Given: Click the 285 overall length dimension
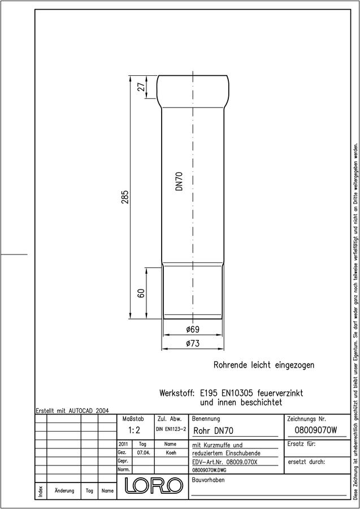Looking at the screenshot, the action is coord(125,197).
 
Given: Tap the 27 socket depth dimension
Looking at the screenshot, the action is coord(141,87).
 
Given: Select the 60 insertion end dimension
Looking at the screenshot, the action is coord(141,293).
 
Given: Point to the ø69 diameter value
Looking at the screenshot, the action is coord(193,330).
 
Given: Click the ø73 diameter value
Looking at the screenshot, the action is coord(193,343).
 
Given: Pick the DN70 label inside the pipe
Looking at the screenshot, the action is coord(179,182).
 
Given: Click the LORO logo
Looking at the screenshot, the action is coord(153,486).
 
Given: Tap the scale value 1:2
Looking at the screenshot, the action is coord(133,430).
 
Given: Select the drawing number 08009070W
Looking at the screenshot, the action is coord(316,430).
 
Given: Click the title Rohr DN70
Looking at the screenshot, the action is coord(213,431).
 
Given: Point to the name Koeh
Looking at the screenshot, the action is coord(171,452).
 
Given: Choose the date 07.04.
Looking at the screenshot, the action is coord(143,452).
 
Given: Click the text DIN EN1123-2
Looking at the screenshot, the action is coord(171,429).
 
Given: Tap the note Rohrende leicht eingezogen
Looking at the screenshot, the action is coord(264,365).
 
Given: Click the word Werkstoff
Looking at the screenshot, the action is coord(177,393).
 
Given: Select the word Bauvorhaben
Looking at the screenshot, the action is coord(208,480).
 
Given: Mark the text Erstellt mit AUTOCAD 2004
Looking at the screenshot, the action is coord(72,411).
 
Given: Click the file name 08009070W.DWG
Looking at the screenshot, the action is coord(209,470).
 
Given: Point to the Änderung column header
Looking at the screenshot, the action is coord(64,490).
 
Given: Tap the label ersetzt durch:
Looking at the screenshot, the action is coord(306,462).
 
